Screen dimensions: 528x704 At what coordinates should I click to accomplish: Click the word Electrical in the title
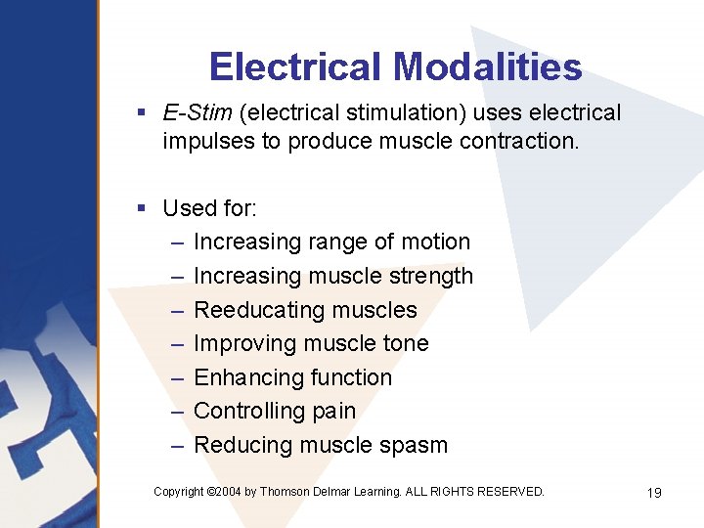tap(295, 66)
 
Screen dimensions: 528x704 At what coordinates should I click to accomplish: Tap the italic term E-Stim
tap(198, 113)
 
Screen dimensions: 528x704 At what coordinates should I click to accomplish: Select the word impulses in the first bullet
tap(206, 141)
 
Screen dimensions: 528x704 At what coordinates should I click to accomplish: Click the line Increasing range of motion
tap(331, 242)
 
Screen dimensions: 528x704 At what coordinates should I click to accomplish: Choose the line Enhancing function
tap(292, 377)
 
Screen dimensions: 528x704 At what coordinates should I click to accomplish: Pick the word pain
tap(332, 412)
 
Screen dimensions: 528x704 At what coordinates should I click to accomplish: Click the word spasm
tap(415, 445)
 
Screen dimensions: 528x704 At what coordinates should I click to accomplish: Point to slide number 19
tap(654, 493)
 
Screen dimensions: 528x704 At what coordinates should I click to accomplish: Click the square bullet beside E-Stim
tap(143, 113)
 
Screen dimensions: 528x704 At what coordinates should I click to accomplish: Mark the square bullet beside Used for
tap(143, 208)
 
